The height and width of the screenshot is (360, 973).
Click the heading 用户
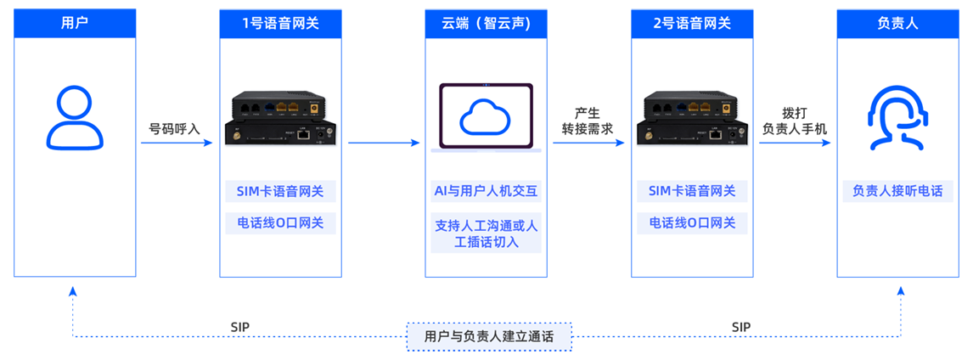tap(75, 23)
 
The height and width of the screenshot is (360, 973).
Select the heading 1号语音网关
tap(280, 23)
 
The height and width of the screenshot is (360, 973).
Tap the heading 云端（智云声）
tap(486, 23)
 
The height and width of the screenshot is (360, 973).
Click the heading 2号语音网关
tap(692, 23)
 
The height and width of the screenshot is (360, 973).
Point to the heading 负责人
tap(897, 23)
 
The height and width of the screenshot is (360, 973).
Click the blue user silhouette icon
tap(75, 118)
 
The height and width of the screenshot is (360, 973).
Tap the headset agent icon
tap(897, 118)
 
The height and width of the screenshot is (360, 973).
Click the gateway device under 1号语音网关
tap(280, 119)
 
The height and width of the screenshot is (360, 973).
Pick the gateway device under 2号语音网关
tap(692, 119)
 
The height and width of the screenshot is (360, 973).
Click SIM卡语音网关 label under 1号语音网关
tap(280, 191)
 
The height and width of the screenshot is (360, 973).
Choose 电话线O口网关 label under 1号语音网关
tap(280, 223)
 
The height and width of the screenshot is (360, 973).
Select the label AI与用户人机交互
tap(486, 191)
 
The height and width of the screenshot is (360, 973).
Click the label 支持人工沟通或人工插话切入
tap(486, 233)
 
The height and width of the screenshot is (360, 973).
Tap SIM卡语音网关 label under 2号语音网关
tap(692, 191)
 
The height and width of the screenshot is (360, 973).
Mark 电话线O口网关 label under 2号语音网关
tap(692, 223)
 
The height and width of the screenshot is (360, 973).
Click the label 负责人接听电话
tap(897, 191)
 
